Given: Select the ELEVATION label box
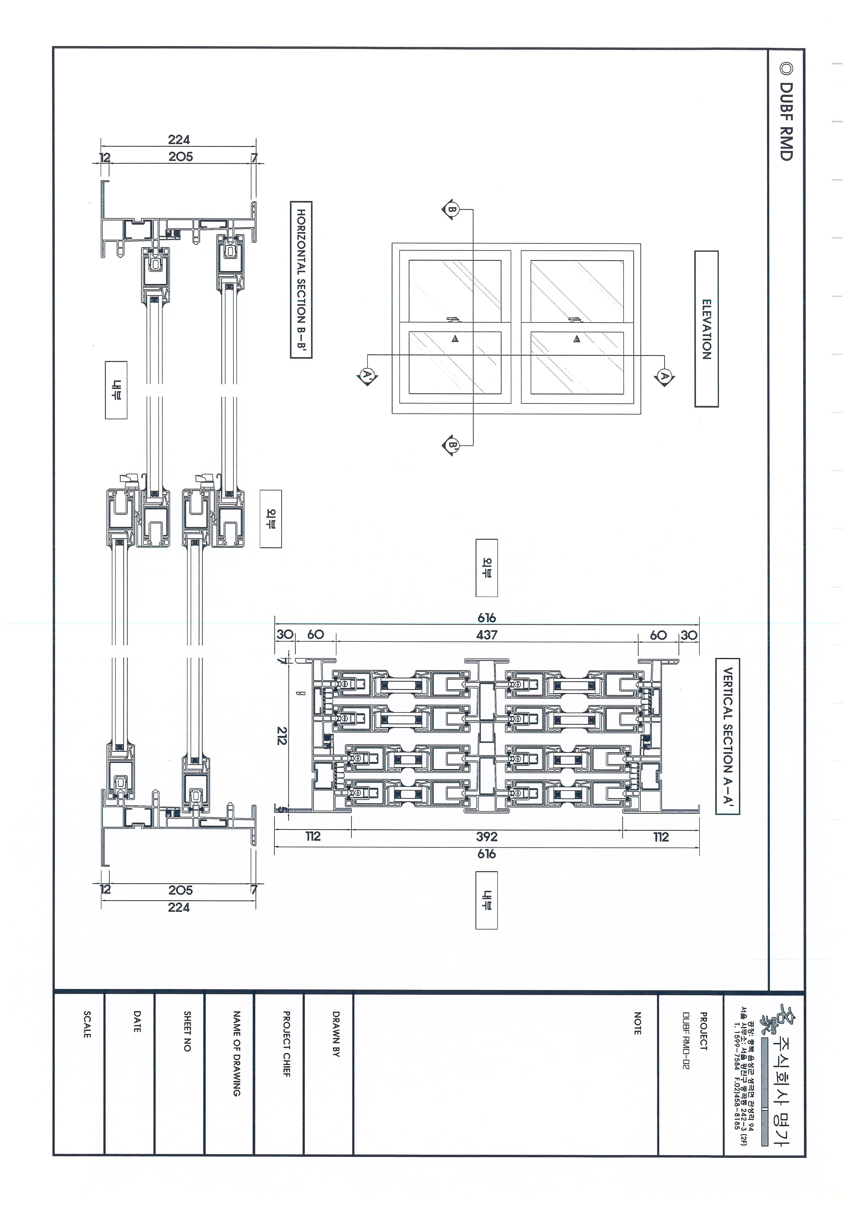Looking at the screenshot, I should [x=706, y=329].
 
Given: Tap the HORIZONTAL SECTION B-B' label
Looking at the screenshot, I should [x=301, y=280].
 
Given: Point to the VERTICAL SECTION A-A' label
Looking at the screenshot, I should [x=727, y=736].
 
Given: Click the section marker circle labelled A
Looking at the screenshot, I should [x=664, y=376].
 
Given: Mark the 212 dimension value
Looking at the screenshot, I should [x=282, y=736].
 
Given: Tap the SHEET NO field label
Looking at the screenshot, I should [x=187, y=1031].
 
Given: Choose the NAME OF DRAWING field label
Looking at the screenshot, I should [x=237, y=1053].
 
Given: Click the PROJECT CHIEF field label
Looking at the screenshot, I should [x=286, y=1044].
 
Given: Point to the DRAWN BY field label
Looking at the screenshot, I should [x=336, y=1034].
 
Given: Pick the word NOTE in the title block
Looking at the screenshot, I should [x=637, y=1023].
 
